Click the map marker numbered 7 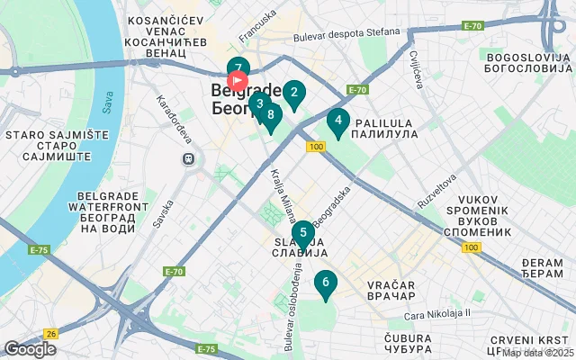238,67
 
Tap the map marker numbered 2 293,92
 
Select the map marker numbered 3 259,103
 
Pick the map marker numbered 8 270,114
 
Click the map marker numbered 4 337,120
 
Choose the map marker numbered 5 302,233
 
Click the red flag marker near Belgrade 238,81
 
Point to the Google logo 30,349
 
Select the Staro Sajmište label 45,141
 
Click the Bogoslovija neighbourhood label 527,62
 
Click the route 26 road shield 50,333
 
